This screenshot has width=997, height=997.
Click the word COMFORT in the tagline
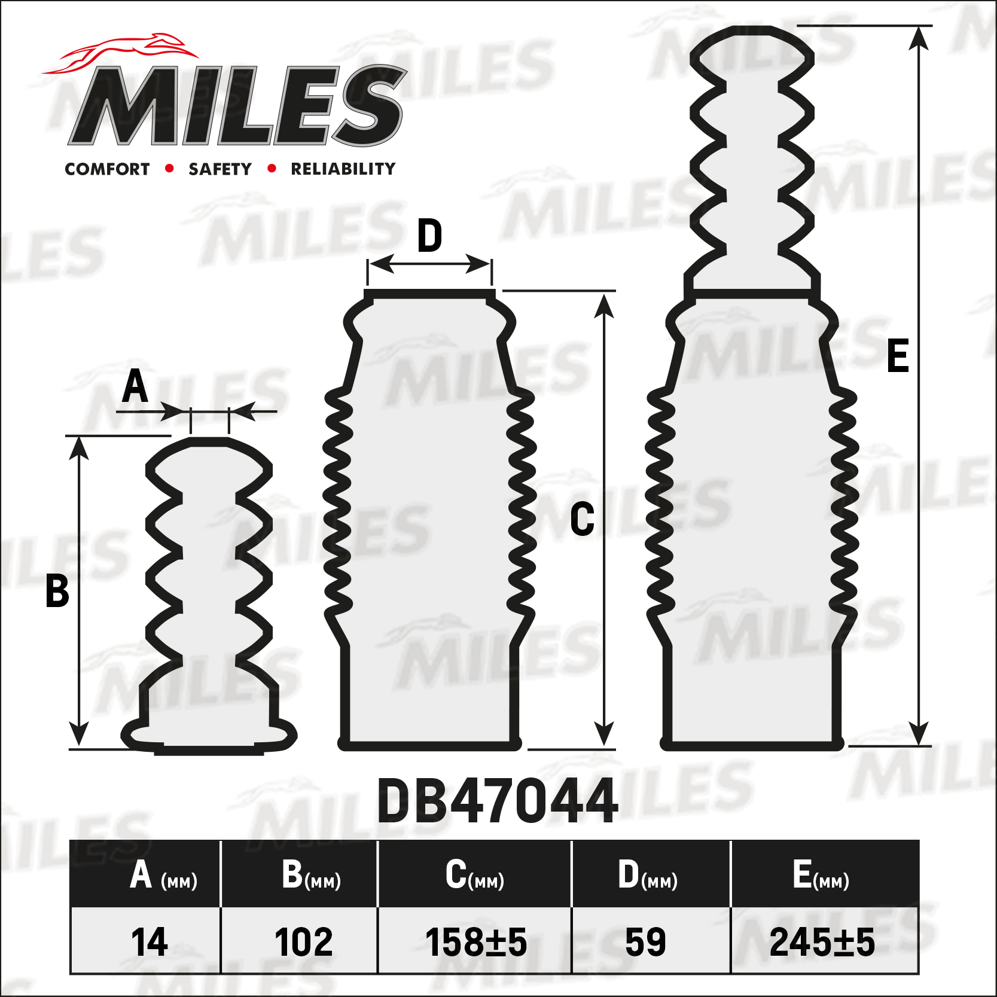tap(107, 169)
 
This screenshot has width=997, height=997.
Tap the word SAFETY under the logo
tap(220, 169)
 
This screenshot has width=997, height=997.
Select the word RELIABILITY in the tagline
tap(343, 169)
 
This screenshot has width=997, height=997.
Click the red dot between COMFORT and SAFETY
tap(169, 169)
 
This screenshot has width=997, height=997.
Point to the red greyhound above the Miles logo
tap(120, 54)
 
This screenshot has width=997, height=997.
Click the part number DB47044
tap(498, 801)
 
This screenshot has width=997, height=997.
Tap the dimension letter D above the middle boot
tap(429, 236)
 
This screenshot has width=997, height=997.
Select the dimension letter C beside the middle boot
tap(582, 519)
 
